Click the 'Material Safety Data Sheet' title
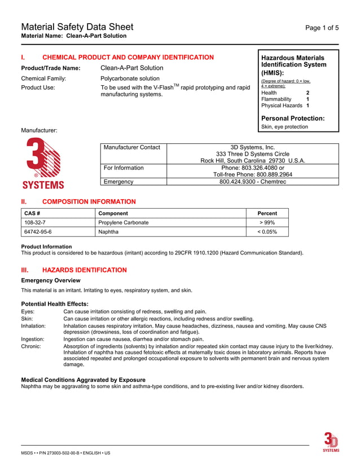pyautogui.click(x=77, y=27)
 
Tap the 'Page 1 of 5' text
pyautogui.click(x=322, y=28)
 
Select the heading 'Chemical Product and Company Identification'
pyautogui.click(x=128, y=58)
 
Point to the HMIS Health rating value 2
pyautogui.click(x=308, y=93)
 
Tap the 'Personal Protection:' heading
pyautogui.click(x=292, y=118)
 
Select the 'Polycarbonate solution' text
pyautogui.click(x=130, y=78)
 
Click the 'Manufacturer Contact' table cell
pyautogui.click(x=132, y=147)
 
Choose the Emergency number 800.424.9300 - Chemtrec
pyautogui.click(x=253, y=182)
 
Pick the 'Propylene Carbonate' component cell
pyautogui.click(x=124, y=223)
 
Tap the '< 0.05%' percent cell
pyautogui.click(x=267, y=232)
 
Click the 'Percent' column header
pyautogui.click(x=267, y=213)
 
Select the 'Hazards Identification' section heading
pyautogui.click(x=85, y=270)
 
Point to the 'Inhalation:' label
pyautogui.click(x=33, y=326)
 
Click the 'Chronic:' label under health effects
pyautogui.click(x=31, y=346)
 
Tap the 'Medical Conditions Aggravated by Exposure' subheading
pyautogui.click(x=83, y=380)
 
